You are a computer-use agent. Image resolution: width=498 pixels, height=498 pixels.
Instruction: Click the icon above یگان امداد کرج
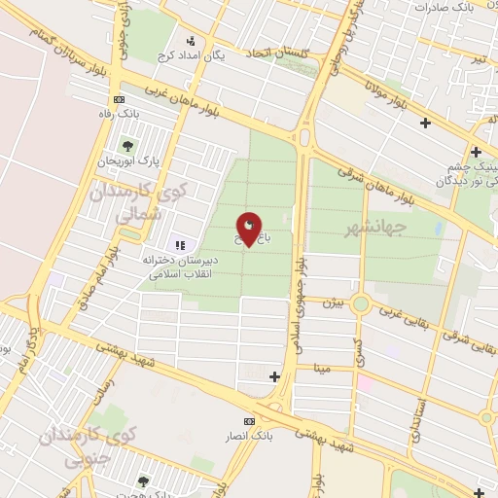[191, 41]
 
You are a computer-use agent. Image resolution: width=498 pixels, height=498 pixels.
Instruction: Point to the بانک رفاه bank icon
[119, 98]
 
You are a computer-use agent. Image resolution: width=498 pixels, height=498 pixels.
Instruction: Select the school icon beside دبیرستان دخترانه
[179, 244]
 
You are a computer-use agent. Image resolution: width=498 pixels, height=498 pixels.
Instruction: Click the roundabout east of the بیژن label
[361, 303]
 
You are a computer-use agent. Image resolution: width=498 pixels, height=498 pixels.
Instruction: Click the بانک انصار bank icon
[250, 421]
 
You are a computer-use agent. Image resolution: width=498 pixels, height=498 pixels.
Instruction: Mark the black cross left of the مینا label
[274, 376]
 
